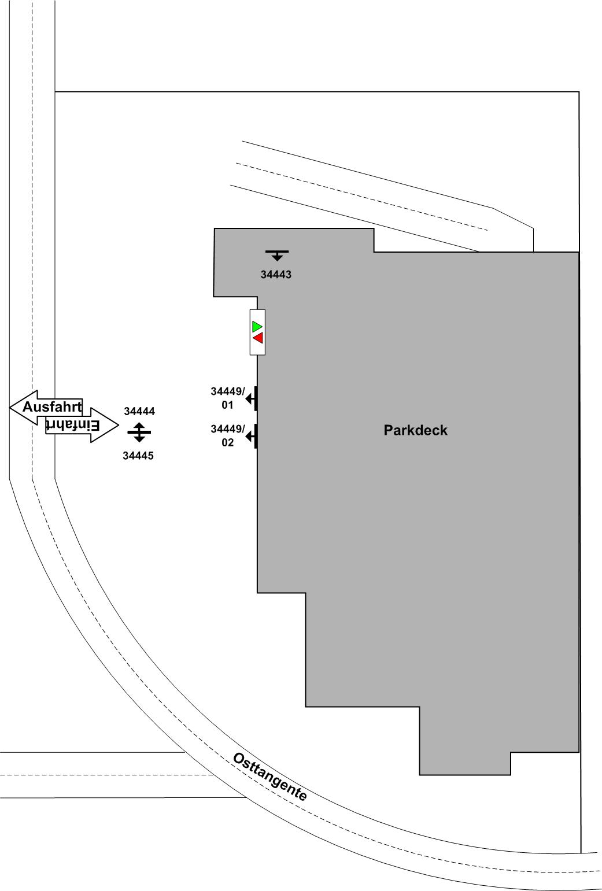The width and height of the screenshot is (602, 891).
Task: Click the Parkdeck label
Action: [x=415, y=430]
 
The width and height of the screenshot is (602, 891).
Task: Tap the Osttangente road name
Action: [x=269, y=777]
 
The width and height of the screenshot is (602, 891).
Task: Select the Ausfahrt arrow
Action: [x=46, y=407]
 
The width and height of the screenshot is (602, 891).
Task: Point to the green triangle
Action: [x=257, y=327]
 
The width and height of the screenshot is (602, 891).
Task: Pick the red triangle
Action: [x=258, y=338]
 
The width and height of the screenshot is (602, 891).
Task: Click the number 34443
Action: [x=276, y=275]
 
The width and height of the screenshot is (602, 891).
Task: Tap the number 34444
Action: [x=139, y=412]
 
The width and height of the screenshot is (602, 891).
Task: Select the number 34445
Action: [x=138, y=456]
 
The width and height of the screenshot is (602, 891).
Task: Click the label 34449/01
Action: [x=227, y=398]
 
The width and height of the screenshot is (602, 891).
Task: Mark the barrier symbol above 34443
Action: [x=277, y=254]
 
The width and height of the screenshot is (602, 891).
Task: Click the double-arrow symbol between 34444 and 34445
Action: [x=139, y=432]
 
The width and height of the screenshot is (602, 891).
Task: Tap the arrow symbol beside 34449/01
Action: [x=252, y=398]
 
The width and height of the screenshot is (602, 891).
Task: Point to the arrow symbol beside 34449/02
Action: [x=252, y=437]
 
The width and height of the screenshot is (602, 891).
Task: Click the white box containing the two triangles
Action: [x=257, y=332]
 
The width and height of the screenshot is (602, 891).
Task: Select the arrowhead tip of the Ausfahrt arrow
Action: [x=11, y=407]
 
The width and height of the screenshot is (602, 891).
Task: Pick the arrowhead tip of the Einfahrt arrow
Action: [x=118, y=426]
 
